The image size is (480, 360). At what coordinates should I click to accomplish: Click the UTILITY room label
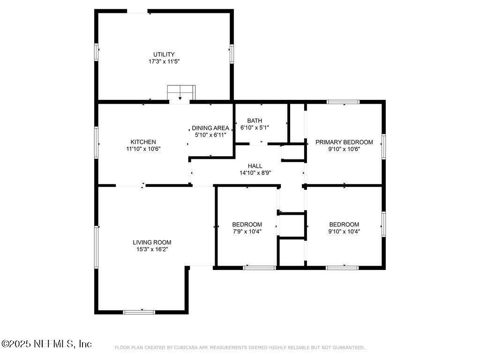(164, 54)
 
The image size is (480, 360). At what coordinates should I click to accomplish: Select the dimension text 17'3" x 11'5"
(164, 61)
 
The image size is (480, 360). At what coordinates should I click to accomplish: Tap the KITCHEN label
(143, 142)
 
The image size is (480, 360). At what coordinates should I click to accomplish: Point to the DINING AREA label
(210, 128)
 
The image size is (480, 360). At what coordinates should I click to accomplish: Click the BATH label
(255, 120)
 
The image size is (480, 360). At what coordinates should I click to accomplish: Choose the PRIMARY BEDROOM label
(344, 142)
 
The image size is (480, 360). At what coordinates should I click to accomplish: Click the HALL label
(255, 165)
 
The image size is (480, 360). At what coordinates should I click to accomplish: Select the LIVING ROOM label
(152, 242)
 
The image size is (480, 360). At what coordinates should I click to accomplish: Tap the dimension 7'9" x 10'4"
(247, 231)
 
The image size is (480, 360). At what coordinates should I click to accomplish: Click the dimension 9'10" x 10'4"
(344, 231)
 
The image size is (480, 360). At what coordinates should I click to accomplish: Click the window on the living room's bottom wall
(139, 312)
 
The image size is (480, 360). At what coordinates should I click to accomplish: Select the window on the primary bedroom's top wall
(343, 102)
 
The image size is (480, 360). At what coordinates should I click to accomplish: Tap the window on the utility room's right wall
(232, 54)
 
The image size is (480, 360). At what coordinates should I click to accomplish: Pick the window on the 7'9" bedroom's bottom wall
(259, 268)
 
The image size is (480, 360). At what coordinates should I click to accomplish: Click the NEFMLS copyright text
(47, 344)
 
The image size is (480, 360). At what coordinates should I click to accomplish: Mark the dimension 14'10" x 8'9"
(255, 172)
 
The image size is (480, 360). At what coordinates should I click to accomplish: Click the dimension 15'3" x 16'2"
(152, 249)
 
